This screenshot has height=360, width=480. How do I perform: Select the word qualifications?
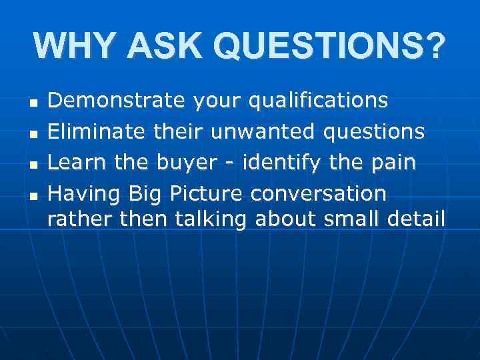319,101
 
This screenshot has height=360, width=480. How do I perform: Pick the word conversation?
318,194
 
